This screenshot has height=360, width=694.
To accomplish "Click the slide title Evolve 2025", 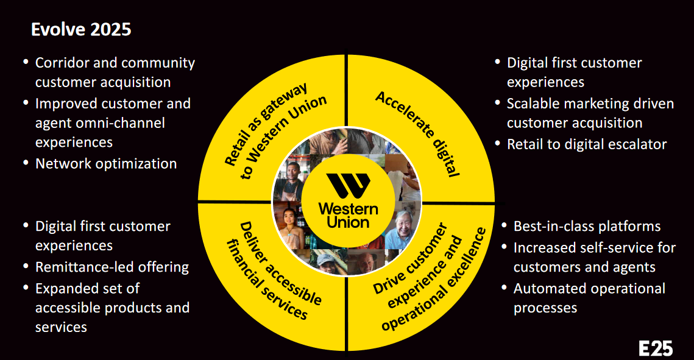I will coord(81,29).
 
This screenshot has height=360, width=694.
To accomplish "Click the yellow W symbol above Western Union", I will coord(347,186).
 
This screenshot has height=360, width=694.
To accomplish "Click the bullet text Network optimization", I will coord(106,163).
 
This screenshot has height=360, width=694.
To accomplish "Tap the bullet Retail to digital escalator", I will coord(587,144).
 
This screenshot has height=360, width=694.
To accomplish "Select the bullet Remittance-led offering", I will coord(112,267).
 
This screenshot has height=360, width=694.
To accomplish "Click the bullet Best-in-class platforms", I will coord(587,226).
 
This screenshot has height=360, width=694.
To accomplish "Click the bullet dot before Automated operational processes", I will coord(505,288).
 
